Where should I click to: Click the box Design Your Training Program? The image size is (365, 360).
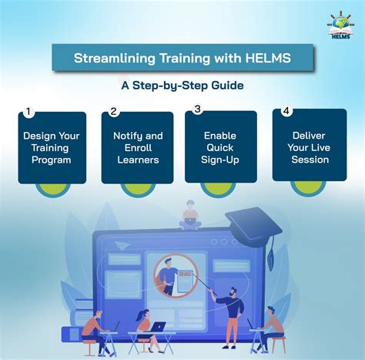coord(52,147)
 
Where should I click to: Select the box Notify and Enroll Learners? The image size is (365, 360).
coord(137,147)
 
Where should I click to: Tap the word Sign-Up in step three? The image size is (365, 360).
coord(221,160)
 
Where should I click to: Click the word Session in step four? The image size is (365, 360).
coord(310,160)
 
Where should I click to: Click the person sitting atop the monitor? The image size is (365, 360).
coord(189,214)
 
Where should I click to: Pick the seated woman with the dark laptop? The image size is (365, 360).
coord(144,328)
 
